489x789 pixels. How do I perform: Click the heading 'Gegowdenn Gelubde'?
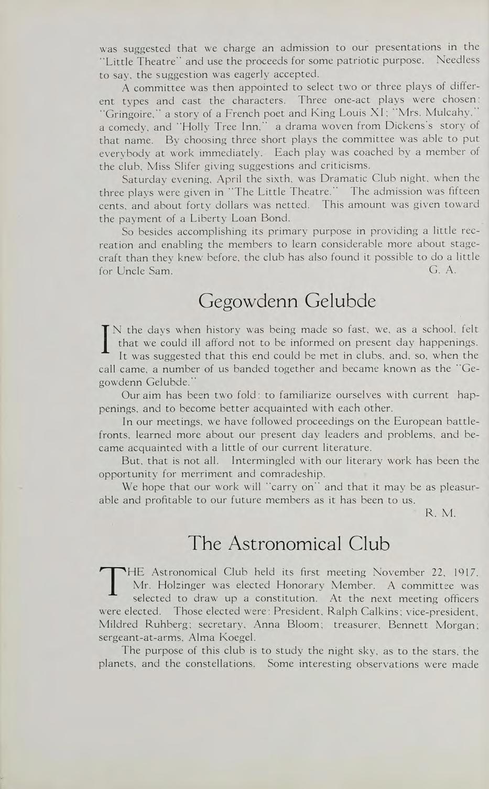pyautogui.click(x=288, y=301)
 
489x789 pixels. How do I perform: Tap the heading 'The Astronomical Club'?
pyautogui.click(x=288, y=543)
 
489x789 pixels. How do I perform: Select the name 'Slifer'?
pyautogui.click(x=168, y=166)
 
